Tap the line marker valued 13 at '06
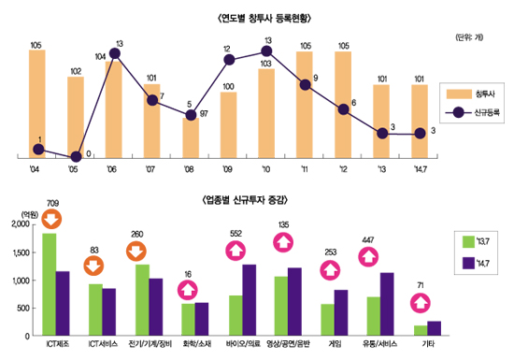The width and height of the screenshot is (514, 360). click(x=115, y=53)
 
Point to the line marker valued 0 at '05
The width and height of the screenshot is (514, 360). click(x=76, y=156)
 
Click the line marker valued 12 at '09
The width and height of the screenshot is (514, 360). click(x=229, y=60)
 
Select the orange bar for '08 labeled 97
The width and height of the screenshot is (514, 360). click(x=191, y=137)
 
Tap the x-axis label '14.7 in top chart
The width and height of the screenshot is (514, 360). click(x=420, y=169)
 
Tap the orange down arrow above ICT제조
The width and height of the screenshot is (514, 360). click(x=52, y=221)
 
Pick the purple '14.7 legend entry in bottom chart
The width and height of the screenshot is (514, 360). click(x=472, y=266)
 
